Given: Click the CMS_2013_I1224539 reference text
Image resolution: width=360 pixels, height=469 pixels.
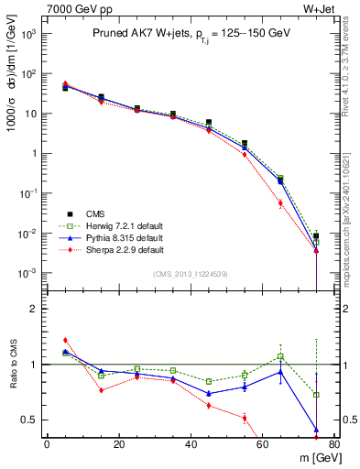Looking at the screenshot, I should coord(191,273).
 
